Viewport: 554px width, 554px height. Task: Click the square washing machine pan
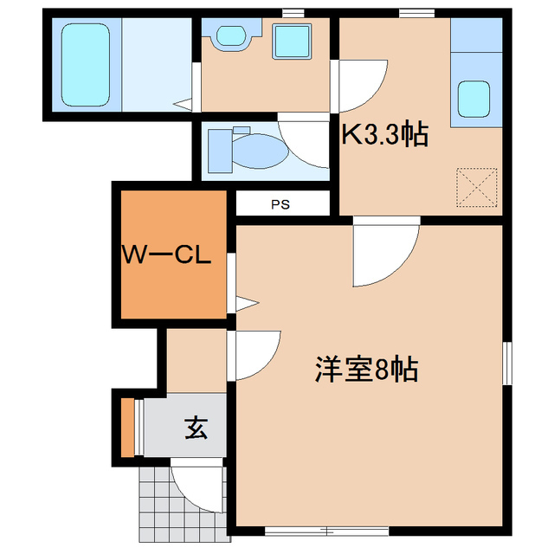click(293, 39)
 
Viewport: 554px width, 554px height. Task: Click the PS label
click(279, 205)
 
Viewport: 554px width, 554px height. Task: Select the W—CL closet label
click(167, 256)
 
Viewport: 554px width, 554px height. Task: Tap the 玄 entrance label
click(196, 428)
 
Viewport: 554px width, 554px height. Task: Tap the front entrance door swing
click(198, 486)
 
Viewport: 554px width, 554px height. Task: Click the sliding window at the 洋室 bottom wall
click(303, 529)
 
